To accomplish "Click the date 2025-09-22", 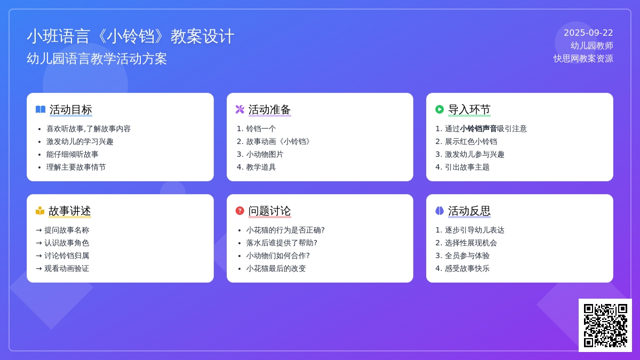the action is pos(588,33).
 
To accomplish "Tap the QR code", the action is pos(605,325).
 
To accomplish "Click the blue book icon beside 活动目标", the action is pos(41,109).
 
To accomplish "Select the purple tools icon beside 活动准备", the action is pos(239,109).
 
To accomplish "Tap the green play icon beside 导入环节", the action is pos(439,109).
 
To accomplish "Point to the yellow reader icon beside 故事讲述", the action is pos(40,211).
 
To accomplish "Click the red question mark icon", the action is pos(239,211).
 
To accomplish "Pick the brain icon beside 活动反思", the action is pos(439,211).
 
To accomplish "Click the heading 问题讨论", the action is pos(269,211).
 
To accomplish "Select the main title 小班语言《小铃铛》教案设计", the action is pos(131,36).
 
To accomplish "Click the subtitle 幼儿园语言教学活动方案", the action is pos(97,59).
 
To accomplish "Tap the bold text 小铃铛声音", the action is pos(478,129).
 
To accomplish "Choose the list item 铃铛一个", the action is pos(261,129).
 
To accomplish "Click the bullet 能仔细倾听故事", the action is pos(73,155).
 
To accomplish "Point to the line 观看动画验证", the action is pos(67,269).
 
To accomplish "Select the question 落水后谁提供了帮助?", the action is pos(282,243).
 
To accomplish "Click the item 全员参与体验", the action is pos(467,255).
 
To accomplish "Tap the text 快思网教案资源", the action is pos(583,59).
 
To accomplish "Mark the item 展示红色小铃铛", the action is pos(471,142).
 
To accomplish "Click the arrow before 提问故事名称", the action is pos(39,230).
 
